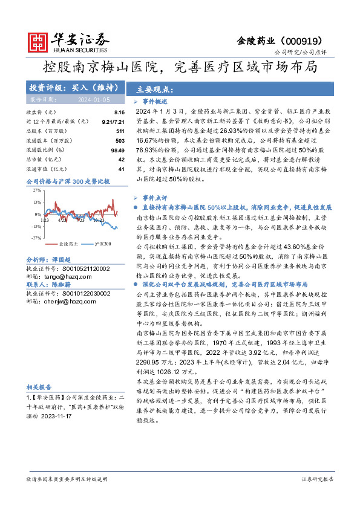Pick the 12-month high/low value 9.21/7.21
(112, 122)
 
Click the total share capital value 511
(120, 131)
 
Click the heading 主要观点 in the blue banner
(152, 88)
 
